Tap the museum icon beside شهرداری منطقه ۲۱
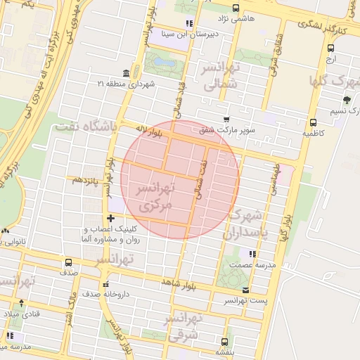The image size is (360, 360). [x=125, y=74]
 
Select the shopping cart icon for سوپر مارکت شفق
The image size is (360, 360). [x=225, y=120]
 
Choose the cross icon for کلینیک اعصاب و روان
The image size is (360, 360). [x=110, y=219]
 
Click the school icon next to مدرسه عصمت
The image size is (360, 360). [x=252, y=253]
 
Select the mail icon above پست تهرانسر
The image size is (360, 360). [x=245, y=290]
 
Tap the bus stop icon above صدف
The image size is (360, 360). [x=68, y=262]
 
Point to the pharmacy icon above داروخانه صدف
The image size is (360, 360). [x=105, y=284]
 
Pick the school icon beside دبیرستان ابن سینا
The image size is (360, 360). [x=188, y=23]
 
